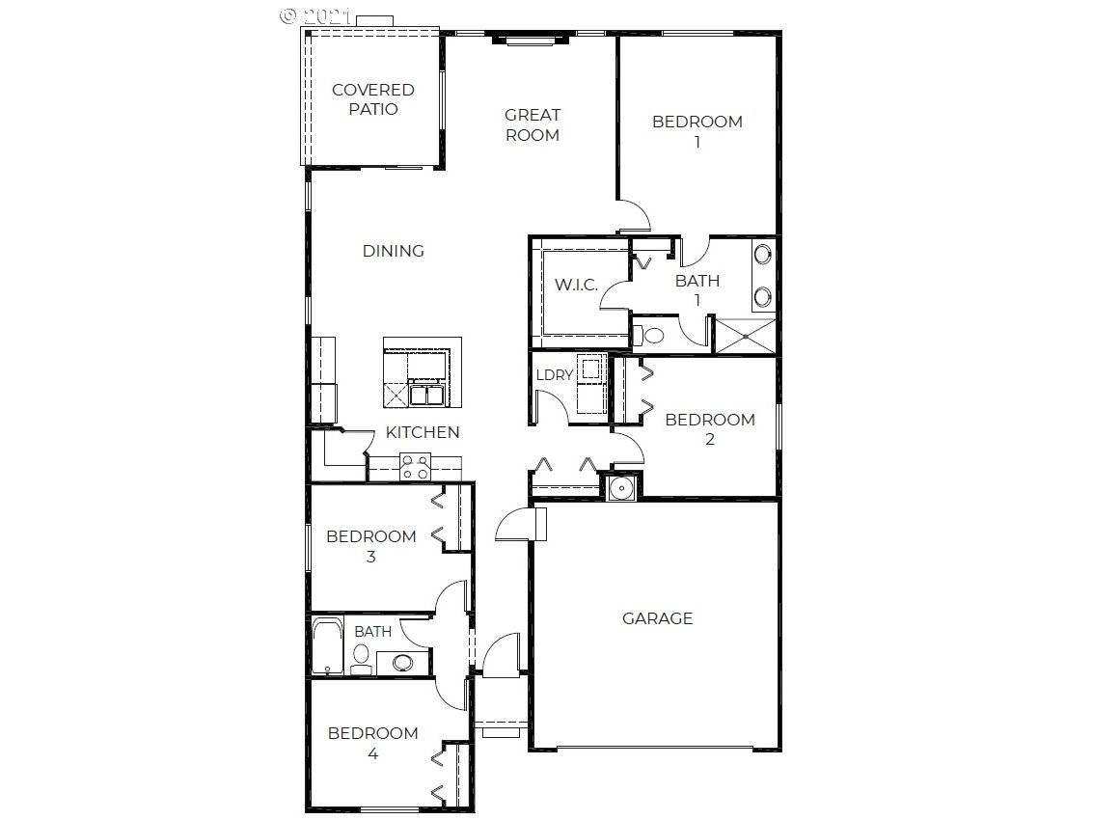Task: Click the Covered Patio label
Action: point(373,99)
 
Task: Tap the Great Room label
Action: point(533,124)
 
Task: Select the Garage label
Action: point(657,618)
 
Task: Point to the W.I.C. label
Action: point(577,285)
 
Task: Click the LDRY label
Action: point(555,374)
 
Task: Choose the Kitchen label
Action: point(423,432)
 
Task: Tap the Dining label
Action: point(394,251)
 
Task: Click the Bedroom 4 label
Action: point(373,743)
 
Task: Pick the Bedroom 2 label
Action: point(710,429)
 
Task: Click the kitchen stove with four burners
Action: point(415,467)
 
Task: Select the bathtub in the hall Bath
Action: point(327,645)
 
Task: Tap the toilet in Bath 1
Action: point(649,336)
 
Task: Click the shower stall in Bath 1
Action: point(745,336)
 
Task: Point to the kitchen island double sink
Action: point(426,395)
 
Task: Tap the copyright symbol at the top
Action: point(287,15)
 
